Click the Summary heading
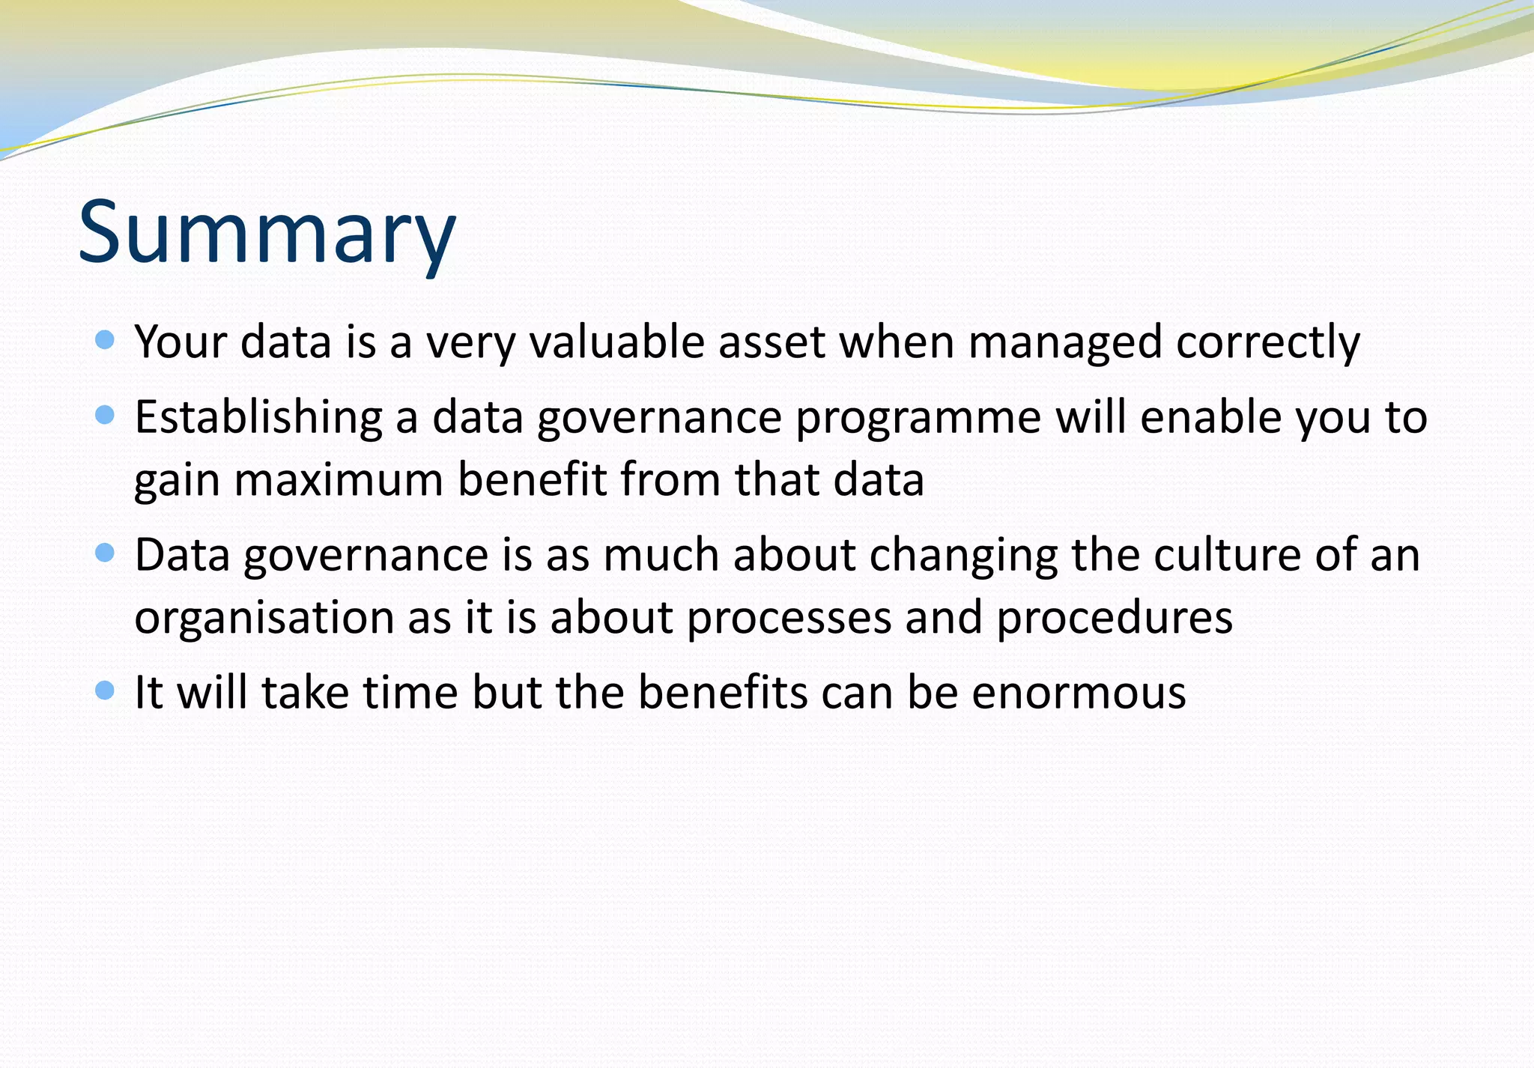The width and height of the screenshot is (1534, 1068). tap(267, 232)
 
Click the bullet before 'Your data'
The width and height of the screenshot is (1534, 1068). tap(106, 341)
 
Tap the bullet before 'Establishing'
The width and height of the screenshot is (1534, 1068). tap(106, 415)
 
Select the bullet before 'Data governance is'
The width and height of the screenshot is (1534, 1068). tap(106, 553)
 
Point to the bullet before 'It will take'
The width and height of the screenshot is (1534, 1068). tap(106, 690)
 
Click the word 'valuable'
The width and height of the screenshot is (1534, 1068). tap(617, 342)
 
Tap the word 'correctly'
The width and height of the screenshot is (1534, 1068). tap(1267, 343)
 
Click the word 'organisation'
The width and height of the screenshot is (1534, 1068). tap(264, 619)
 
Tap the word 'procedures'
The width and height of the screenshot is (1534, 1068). tap(1114, 619)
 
